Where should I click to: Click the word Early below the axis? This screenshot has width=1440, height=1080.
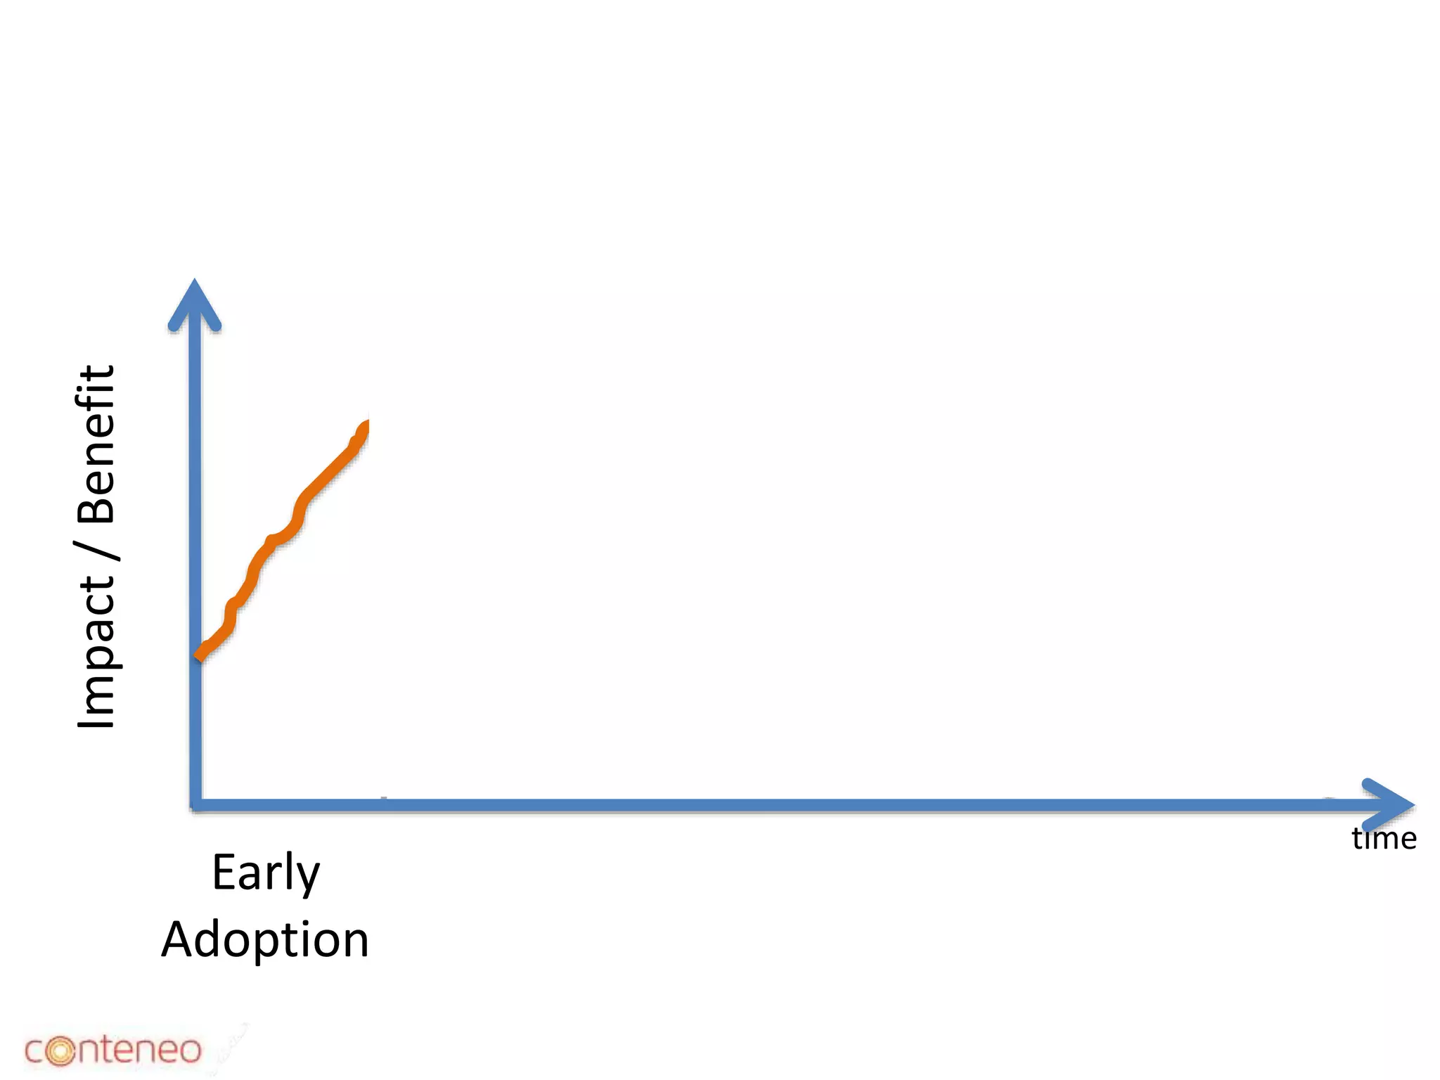[266, 873]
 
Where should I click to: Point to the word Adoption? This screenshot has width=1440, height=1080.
[265, 940]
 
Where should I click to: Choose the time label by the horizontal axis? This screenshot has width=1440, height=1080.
[1383, 839]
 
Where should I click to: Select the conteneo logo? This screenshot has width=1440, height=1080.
[112, 1050]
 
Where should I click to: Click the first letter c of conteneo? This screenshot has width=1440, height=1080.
[34, 1052]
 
